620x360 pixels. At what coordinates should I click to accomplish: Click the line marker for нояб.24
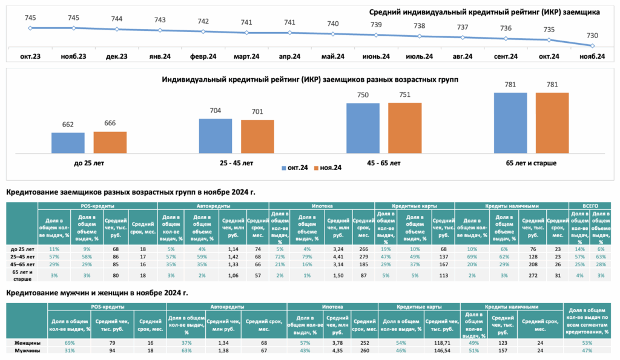point(592,45)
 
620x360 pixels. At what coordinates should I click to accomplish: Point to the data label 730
point(592,35)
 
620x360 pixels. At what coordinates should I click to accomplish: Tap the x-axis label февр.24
point(203,56)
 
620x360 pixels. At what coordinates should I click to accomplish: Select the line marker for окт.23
point(30,28)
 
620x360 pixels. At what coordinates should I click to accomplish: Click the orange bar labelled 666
point(110,142)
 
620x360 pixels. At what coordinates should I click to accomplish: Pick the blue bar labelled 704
point(216,136)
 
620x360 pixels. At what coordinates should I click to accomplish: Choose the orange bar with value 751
point(405,128)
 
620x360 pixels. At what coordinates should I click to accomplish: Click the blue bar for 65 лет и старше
point(510,123)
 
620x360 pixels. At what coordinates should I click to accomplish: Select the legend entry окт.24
point(295,168)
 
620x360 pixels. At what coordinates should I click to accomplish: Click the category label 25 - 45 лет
point(237,163)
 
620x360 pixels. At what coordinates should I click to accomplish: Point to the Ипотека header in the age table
point(322,206)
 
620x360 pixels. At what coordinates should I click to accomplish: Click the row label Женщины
point(27,343)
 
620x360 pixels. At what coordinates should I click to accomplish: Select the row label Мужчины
point(27,350)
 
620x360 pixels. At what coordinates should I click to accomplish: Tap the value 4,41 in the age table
point(338,257)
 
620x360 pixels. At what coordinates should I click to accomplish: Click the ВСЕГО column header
point(590,206)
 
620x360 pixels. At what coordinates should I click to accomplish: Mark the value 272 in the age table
point(533,275)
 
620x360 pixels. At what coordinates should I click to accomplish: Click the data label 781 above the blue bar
point(510,85)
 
